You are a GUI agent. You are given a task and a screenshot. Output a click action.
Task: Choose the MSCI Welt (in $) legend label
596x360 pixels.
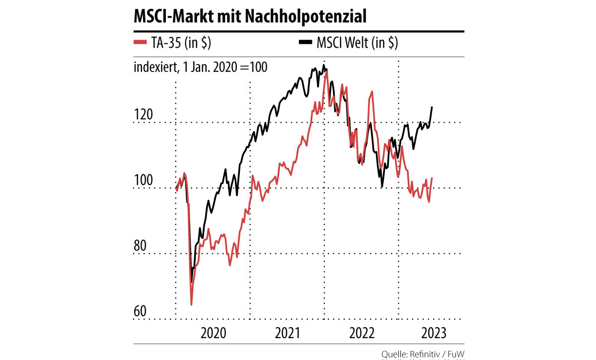point(357,44)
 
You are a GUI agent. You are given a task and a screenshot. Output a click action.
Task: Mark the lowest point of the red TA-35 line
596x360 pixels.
point(191,305)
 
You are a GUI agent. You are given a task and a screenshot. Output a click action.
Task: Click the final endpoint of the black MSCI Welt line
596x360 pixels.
point(432,107)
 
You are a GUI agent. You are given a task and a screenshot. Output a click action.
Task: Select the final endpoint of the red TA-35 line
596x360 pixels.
point(432,178)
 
